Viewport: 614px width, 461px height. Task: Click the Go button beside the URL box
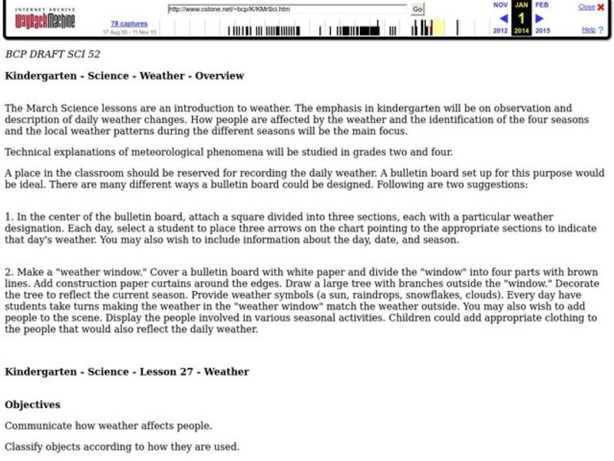418,9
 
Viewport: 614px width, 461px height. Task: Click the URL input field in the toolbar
288,9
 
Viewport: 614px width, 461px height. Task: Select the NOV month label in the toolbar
500,5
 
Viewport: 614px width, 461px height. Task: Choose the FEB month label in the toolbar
542,5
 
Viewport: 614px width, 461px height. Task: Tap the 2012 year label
500,31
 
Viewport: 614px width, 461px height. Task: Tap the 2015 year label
543,31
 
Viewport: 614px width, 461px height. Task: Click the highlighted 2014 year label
521,31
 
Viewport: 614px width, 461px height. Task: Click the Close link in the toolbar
586,7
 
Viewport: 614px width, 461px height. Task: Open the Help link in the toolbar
588,30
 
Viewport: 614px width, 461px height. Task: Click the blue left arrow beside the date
503,18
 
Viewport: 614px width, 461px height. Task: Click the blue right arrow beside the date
540,18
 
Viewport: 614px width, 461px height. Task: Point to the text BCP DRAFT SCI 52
52,55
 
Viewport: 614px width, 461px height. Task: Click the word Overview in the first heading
220,76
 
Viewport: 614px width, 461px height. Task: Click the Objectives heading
32,404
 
